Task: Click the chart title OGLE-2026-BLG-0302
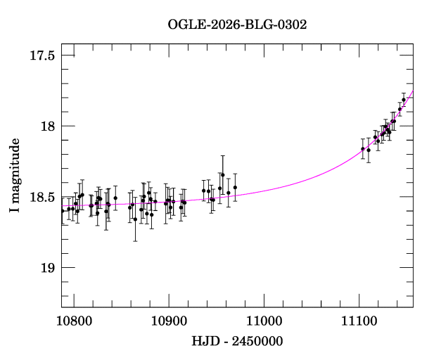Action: [x=237, y=25]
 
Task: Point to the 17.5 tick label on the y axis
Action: [x=43, y=56]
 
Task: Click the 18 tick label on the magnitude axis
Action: [x=48, y=127]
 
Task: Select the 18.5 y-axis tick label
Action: [x=43, y=198]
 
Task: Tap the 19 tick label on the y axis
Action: [x=48, y=268]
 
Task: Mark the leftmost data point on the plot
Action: [x=63, y=210]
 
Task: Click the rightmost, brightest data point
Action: [x=404, y=101]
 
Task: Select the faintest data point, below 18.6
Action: [x=135, y=219]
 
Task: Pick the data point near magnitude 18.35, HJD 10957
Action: [x=223, y=174]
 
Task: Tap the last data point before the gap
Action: [x=235, y=188]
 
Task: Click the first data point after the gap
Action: [x=363, y=148]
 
